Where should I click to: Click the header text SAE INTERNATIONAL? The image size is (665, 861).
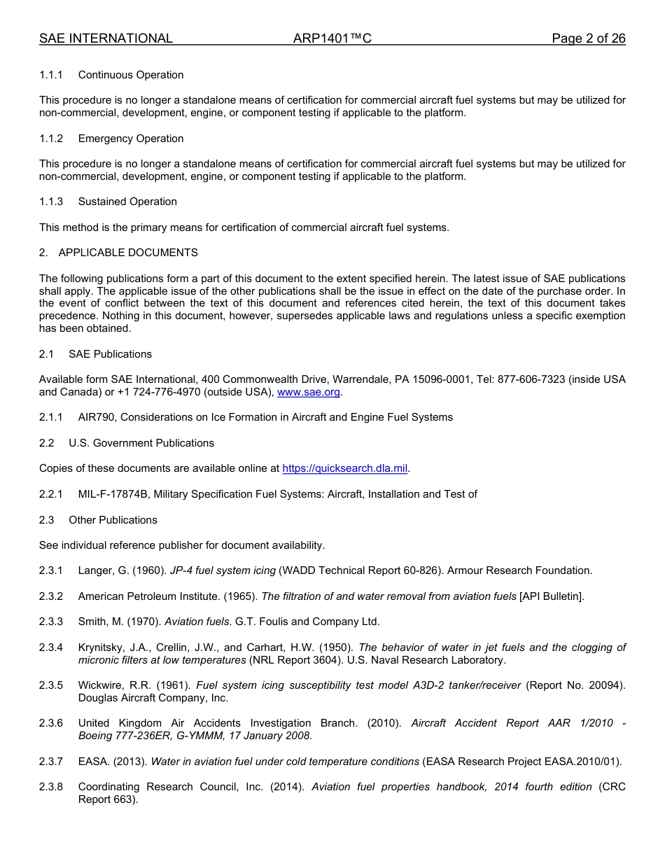click(106, 38)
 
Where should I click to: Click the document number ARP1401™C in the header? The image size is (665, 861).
click(332, 38)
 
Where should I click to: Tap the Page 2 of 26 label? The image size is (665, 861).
click(588, 38)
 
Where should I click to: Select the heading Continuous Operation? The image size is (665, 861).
click(131, 75)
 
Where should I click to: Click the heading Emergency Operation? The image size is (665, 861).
click(131, 139)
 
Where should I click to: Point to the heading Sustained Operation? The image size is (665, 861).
click(127, 202)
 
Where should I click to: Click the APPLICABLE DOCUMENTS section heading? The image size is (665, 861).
click(128, 253)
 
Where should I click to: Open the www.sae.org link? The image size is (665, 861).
click(309, 392)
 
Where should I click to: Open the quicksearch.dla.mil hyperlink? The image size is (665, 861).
click(344, 468)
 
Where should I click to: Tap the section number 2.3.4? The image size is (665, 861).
click(51, 647)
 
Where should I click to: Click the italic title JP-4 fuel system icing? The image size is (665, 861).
click(223, 570)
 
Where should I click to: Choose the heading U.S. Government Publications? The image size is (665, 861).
click(141, 443)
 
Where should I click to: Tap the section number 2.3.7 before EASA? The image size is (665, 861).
click(51, 762)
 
